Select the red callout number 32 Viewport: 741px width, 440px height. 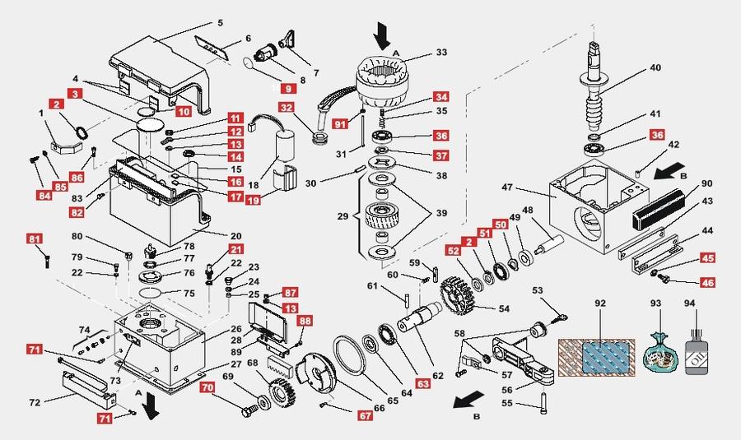(x=286, y=107)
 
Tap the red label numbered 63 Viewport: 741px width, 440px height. (x=422, y=383)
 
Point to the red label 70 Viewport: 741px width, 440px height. (x=208, y=386)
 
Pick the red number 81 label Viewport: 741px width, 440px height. (x=35, y=239)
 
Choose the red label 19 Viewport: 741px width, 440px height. (x=253, y=198)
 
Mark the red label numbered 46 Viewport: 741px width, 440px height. (x=707, y=282)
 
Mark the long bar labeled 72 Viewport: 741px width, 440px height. (x=81, y=383)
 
